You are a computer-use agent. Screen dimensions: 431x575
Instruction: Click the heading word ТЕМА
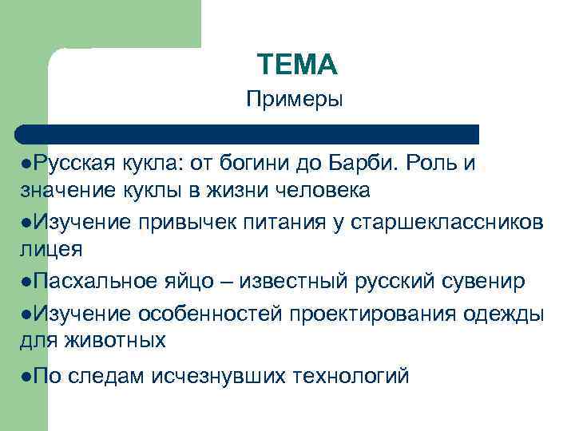[298, 63]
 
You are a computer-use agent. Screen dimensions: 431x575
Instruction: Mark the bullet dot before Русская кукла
[27, 164]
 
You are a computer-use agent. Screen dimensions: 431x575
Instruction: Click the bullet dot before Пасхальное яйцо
[27, 282]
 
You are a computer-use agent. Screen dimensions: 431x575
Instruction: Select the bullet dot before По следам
[27, 375]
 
